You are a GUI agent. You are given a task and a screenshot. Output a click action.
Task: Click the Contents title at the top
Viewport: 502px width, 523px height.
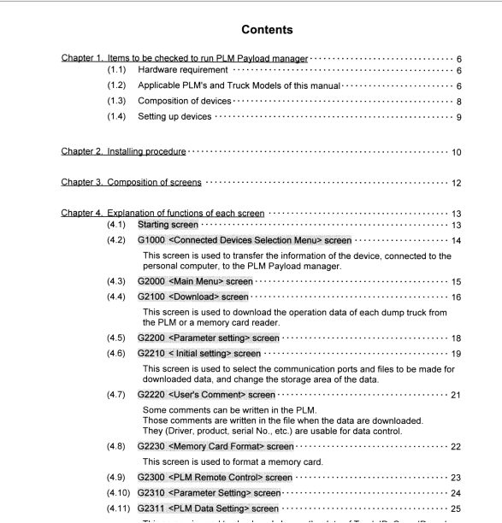[x=267, y=30]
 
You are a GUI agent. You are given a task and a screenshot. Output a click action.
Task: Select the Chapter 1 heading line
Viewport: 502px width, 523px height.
[x=184, y=57]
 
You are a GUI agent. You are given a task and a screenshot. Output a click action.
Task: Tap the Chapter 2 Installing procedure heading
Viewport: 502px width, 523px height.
[x=123, y=151]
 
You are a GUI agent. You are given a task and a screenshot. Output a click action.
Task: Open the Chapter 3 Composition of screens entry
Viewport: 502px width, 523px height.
[x=131, y=182]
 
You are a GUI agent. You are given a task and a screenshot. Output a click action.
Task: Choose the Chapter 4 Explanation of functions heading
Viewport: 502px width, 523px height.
[x=162, y=213]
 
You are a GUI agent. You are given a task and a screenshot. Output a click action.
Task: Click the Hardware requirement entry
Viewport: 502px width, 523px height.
[x=182, y=70]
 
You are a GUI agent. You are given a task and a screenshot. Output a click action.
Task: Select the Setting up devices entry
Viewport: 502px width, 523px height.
[x=174, y=116]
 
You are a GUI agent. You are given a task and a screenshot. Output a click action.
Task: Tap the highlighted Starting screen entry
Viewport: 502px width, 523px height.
[x=168, y=225]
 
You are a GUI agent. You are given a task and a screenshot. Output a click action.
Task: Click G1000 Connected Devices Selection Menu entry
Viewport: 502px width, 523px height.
[x=244, y=240]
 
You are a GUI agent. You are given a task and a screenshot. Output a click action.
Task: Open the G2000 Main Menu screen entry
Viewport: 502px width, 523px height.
[x=195, y=281]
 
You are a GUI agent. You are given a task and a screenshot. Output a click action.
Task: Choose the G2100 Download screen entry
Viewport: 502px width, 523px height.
[x=193, y=297]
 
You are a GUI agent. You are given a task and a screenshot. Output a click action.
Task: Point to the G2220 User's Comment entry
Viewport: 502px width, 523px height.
[x=206, y=395]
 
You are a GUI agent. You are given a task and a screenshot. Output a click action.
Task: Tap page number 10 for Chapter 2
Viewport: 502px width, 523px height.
[x=456, y=152]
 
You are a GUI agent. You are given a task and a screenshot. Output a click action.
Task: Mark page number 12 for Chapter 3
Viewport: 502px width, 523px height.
[x=456, y=183]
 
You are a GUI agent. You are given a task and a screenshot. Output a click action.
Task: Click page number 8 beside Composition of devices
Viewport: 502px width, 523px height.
[x=458, y=102]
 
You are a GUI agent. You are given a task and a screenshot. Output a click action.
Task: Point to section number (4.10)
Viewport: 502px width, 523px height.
[x=119, y=492]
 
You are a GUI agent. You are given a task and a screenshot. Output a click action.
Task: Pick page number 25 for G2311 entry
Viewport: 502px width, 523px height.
[x=456, y=508]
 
